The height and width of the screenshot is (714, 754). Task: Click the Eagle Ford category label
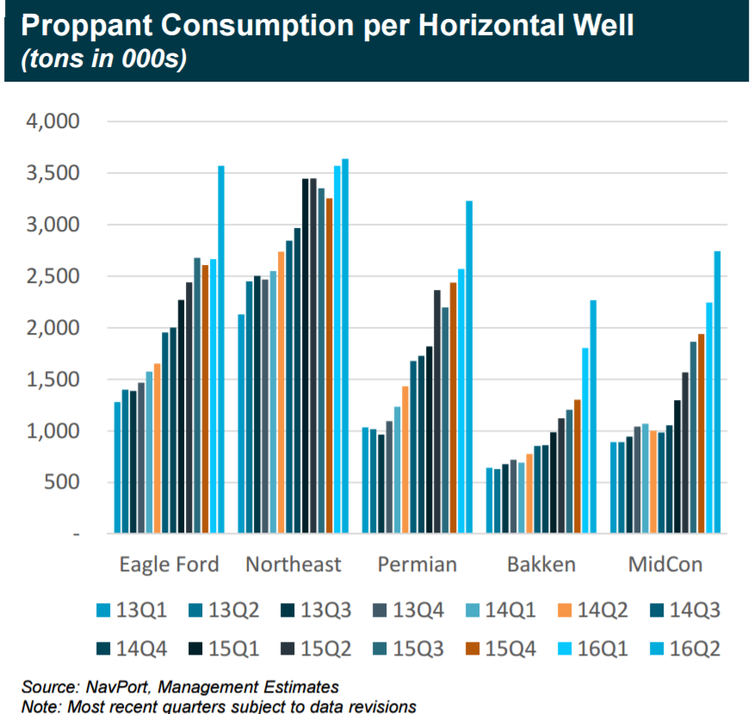click(x=169, y=564)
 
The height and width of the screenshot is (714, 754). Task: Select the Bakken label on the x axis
click(x=541, y=564)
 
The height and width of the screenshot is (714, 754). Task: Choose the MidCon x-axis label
click(x=664, y=564)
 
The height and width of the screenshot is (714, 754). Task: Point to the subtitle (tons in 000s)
click(x=102, y=61)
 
